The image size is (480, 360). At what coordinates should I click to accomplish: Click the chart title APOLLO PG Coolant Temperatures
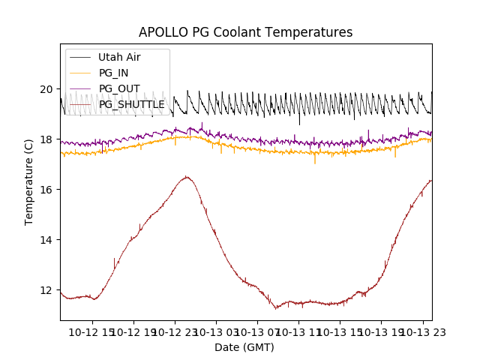coord(245,32)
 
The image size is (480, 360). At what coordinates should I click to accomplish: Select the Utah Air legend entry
coord(119,57)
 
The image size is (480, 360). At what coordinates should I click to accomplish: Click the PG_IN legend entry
coord(113,73)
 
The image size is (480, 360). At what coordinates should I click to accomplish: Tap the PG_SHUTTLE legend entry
coord(131,104)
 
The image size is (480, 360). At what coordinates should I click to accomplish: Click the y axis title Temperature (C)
coord(29,181)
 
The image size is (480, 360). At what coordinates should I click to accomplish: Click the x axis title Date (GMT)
coord(244,347)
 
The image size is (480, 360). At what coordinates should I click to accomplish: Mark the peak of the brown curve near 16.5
coord(186,177)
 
